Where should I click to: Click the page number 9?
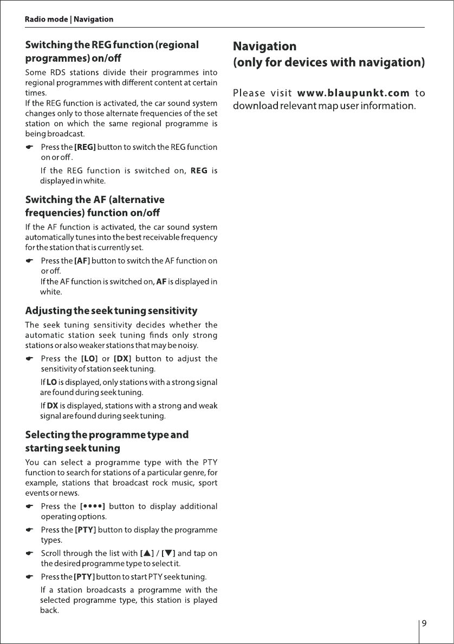[x=424, y=623]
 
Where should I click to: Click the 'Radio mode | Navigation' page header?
[x=69, y=19]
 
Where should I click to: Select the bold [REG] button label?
[x=85, y=147]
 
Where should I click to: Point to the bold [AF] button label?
[x=82, y=261]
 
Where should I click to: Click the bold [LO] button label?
[x=88, y=359]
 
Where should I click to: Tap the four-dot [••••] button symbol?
[x=92, y=507]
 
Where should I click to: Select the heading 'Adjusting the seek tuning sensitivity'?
[x=111, y=311]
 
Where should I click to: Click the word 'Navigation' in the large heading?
[x=264, y=47]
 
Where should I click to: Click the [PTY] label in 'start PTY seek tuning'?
[x=85, y=576]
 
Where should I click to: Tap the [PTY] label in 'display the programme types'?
[x=85, y=530]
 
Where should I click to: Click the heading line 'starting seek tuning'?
[x=73, y=449]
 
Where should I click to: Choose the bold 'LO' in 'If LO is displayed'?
[x=52, y=383]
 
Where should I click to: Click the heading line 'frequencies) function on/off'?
[x=93, y=213]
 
